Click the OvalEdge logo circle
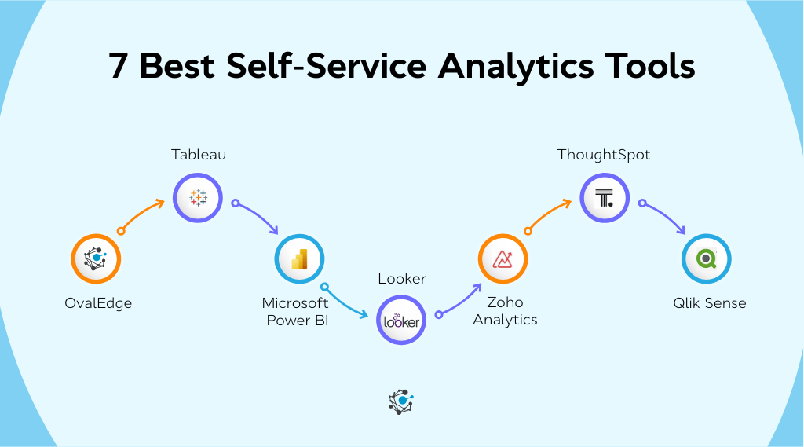click(x=95, y=258)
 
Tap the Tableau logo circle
click(x=198, y=198)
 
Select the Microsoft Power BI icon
click(x=299, y=258)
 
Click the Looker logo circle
click(x=401, y=320)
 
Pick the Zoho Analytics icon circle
click(x=503, y=258)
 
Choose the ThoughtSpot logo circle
click(x=605, y=198)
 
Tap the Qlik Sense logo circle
click(x=707, y=258)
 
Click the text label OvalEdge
click(x=98, y=302)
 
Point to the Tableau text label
click(x=199, y=155)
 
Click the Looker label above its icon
click(x=402, y=279)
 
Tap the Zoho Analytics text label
click(x=505, y=311)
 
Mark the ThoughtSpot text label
click(x=604, y=155)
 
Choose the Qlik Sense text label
click(x=709, y=302)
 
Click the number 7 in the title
click(x=118, y=68)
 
